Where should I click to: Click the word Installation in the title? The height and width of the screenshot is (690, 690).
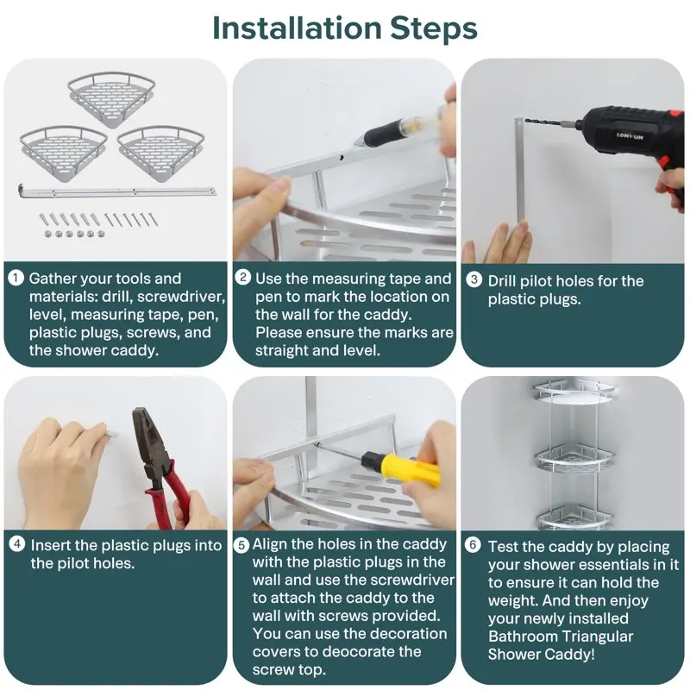tap(297, 28)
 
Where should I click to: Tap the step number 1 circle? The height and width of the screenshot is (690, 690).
tap(16, 278)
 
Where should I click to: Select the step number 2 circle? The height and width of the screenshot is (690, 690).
tap(243, 277)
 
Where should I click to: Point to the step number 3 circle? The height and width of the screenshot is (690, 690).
tap(474, 279)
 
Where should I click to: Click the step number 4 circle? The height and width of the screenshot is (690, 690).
tap(17, 544)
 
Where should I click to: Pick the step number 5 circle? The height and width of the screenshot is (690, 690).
tap(241, 546)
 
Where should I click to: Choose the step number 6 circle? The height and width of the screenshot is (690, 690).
tap(473, 545)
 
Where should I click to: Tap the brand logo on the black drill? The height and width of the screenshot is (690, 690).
tap(630, 136)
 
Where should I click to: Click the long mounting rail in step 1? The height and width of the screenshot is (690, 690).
tap(117, 192)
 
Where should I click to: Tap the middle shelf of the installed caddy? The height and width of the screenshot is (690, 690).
tap(573, 459)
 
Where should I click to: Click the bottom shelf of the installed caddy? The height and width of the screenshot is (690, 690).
tap(574, 516)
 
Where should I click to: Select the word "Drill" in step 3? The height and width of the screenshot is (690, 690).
tap(501, 281)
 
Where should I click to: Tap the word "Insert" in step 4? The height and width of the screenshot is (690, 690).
tap(50, 546)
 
